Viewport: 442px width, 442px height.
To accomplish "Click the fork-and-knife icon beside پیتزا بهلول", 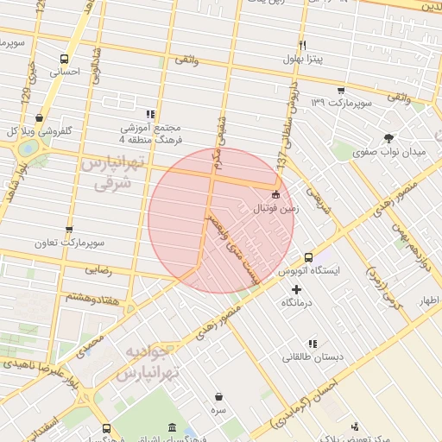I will pyautogui.click(x=302, y=45).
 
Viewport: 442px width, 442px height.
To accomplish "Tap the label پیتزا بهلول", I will pyautogui.click(x=302, y=59).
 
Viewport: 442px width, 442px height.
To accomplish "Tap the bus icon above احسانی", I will pyautogui.click(x=65, y=60).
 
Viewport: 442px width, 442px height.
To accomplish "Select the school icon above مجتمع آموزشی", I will pyautogui.click(x=150, y=113).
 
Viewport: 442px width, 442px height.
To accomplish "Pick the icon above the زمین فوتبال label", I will pyautogui.click(x=275, y=194).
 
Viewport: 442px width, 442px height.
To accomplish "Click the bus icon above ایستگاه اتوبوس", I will pyautogui.click(x=308, y=256).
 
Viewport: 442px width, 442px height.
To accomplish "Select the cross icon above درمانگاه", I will pyautogui.click(x=297, y=290).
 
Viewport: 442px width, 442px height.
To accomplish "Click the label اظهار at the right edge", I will pyautogui.click(x=428, y=300).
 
